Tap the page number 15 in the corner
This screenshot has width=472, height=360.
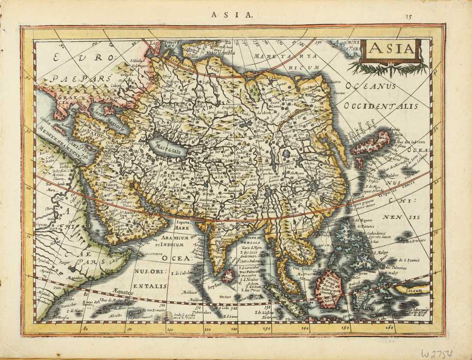tap(409, 16)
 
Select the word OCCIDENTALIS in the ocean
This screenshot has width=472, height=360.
tap(380, 106)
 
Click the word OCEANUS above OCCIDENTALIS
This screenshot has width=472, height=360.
tap(371, 87)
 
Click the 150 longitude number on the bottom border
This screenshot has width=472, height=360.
tap(346, 328)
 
